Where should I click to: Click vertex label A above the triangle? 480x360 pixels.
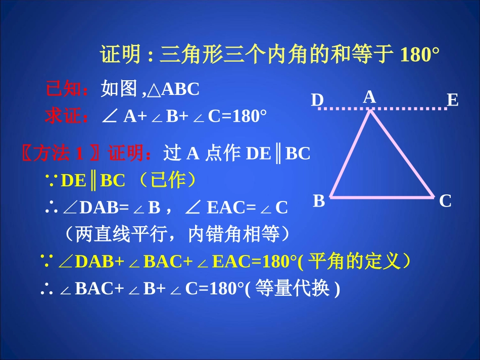(x=370, y=97)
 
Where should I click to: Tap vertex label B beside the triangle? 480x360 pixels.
(x=319, y=201)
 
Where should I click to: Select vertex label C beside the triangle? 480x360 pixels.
(x=445, y=201)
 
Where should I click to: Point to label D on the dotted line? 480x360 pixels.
(x=317, y=100)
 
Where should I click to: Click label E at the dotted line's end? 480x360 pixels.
(x=452, y=100)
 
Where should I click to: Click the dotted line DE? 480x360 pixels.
(x=404, y=109)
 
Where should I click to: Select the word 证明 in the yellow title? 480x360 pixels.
(x=120, y=55)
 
